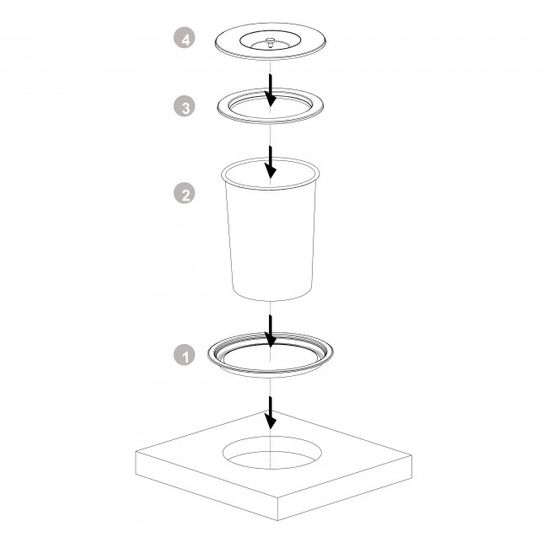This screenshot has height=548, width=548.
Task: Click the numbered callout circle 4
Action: [x=184, y=38]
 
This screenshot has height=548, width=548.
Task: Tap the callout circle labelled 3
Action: [x=184, y=106]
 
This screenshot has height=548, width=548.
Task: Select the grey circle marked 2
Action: [x=184, y=193]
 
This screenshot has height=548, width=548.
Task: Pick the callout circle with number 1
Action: [x=184, y=355]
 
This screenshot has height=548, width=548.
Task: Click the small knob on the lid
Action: [x=270, y=41]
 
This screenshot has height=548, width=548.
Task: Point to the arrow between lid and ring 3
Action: [x=270, y=90]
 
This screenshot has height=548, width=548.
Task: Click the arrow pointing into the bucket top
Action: [x=270, y=162]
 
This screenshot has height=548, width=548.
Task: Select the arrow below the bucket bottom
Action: [x=270, y=331]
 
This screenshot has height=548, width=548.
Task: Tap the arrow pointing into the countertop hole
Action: [x=270, y=412]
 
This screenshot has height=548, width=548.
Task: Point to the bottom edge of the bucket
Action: [x=272, y=300]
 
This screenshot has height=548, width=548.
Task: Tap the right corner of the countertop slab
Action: [x=412, y=455]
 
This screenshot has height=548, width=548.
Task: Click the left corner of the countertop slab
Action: [x=136, y=452]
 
